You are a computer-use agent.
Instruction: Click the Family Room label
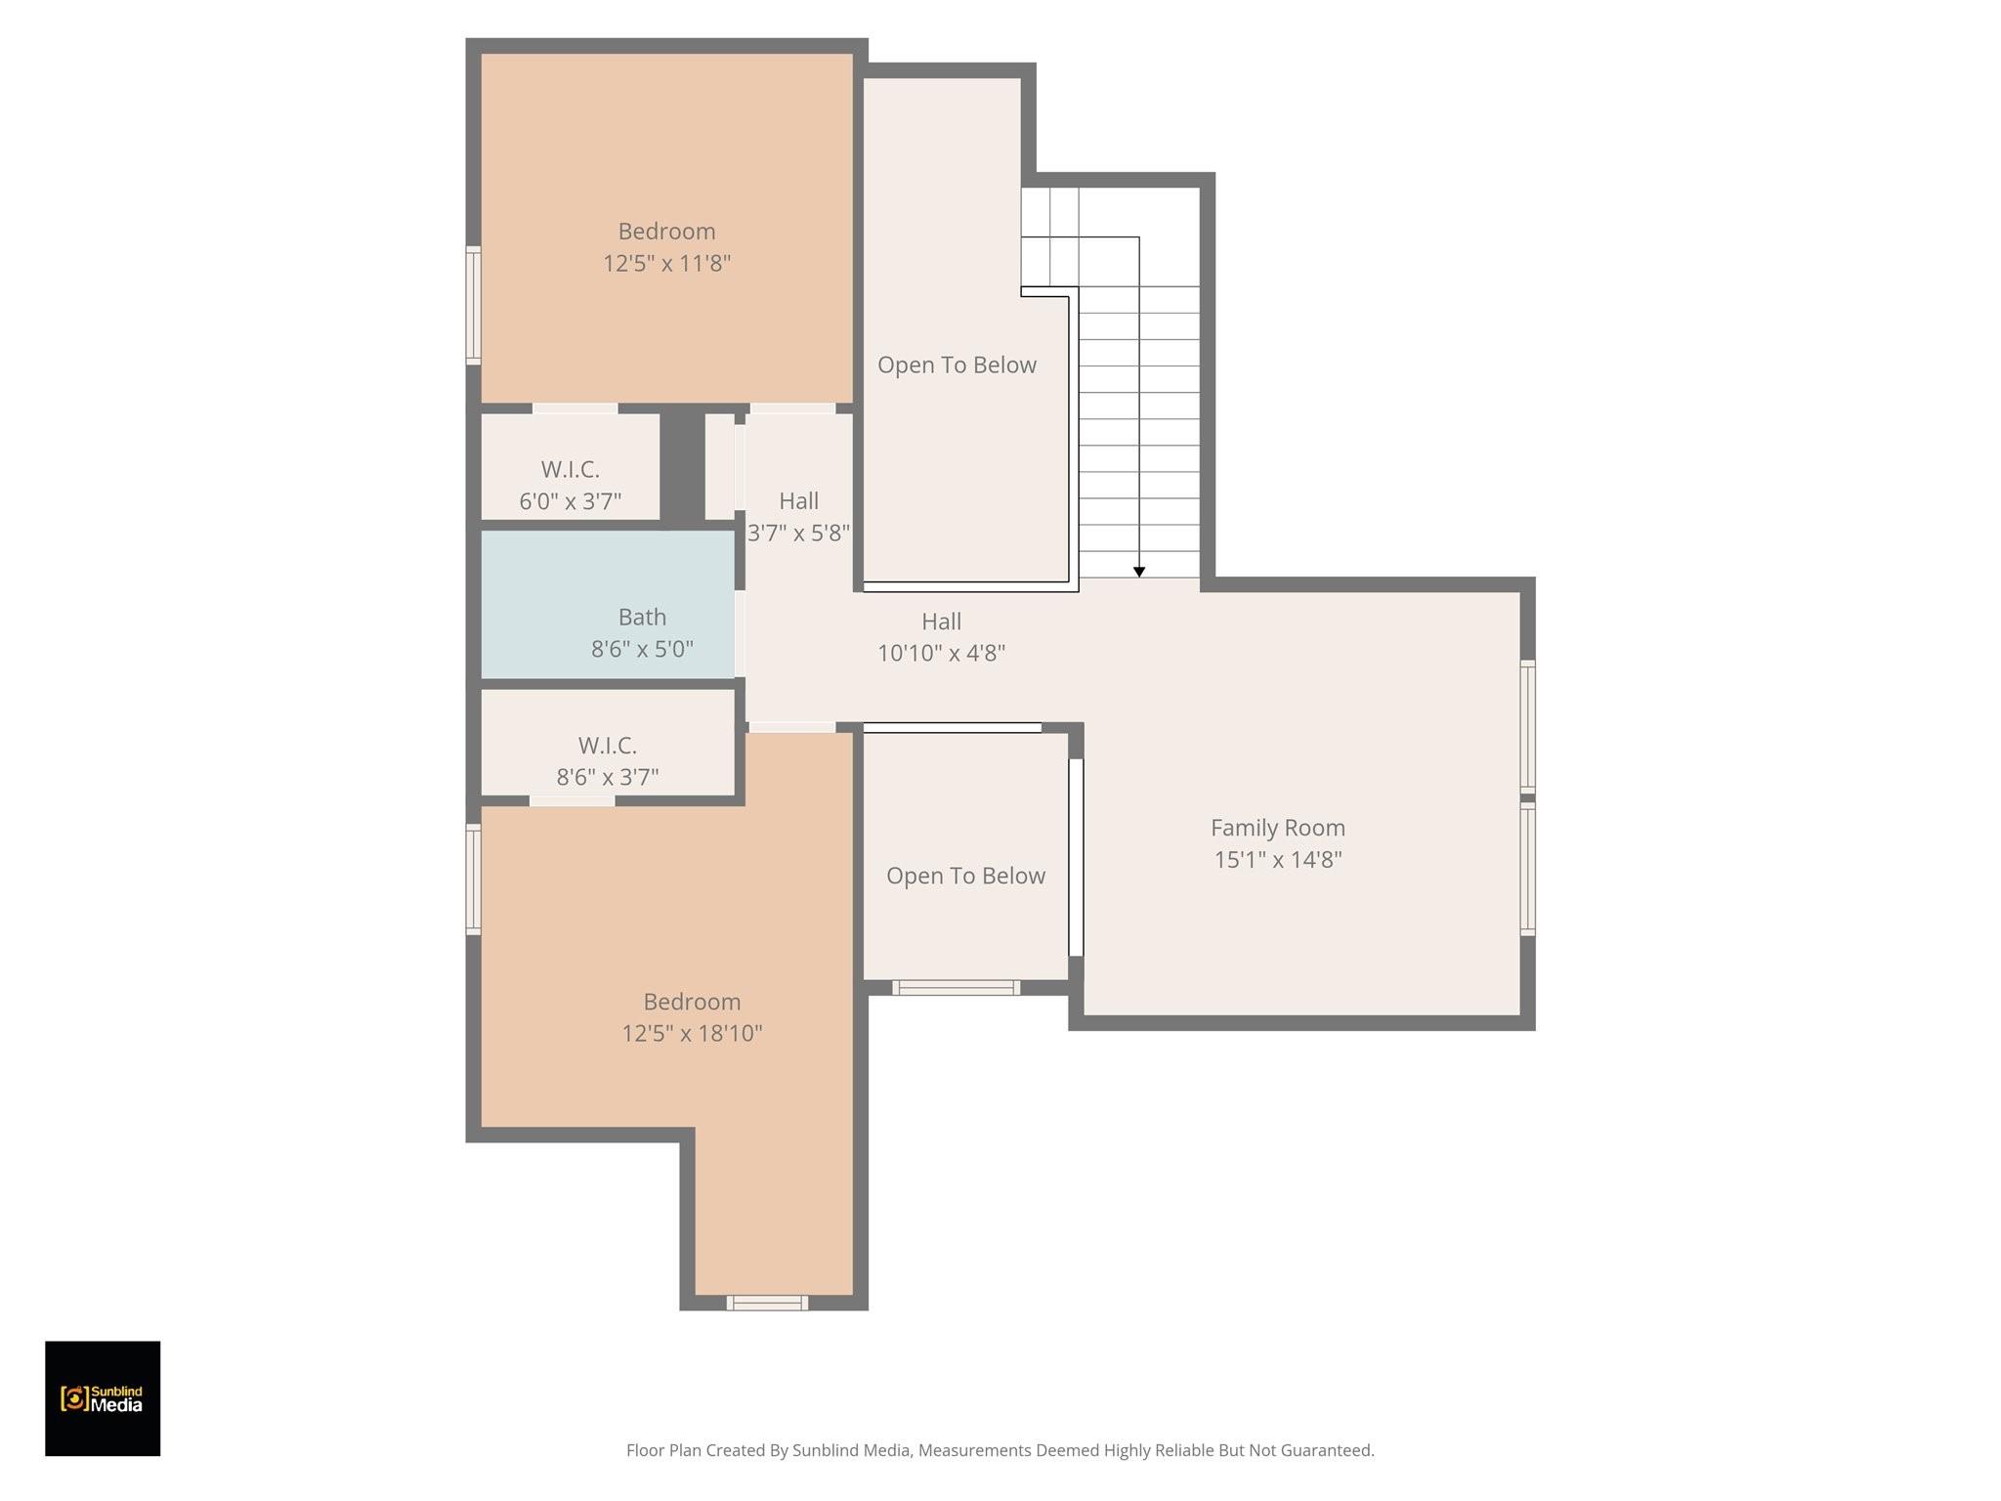coord(1278,828)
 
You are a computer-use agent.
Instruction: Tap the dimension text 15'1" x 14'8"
coord(1278,860)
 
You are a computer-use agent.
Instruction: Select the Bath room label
coord(642,618)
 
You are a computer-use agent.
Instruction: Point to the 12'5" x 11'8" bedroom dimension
coord(666,264)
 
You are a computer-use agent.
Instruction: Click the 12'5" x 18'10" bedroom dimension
coord(692,1034)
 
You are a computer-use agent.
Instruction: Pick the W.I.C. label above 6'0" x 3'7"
coord(571,470)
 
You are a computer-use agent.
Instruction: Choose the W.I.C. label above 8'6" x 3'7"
coord(608,746)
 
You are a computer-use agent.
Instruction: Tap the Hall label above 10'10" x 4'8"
coord(942,622)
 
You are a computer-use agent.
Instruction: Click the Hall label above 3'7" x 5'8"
coord(799,501)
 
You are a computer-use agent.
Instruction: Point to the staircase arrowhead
coord(1139,572)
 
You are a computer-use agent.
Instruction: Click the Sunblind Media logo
coord(103,1398)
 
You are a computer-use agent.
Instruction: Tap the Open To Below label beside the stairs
coord(957,365)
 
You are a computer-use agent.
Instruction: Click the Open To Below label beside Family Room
coord(965,877)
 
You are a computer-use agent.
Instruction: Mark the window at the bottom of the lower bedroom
coord(767,1303)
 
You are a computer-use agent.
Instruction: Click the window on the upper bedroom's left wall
coord(473,306)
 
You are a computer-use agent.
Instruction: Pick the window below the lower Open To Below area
coord(956,988)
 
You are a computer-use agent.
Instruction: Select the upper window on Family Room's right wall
coord(1527,724)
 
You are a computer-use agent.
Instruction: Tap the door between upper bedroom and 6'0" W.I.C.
coord(575,408)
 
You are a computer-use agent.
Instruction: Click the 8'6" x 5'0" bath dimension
coord(642,650)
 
